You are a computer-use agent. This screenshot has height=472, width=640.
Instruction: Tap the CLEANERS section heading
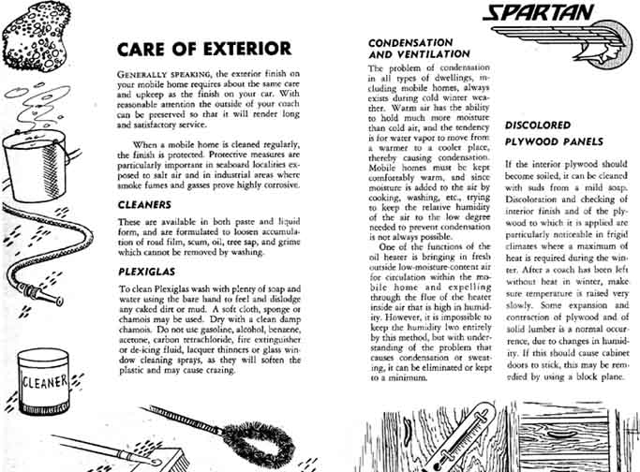pos(143,203)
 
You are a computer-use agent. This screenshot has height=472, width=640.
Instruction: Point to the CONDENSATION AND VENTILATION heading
pos(410,49)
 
